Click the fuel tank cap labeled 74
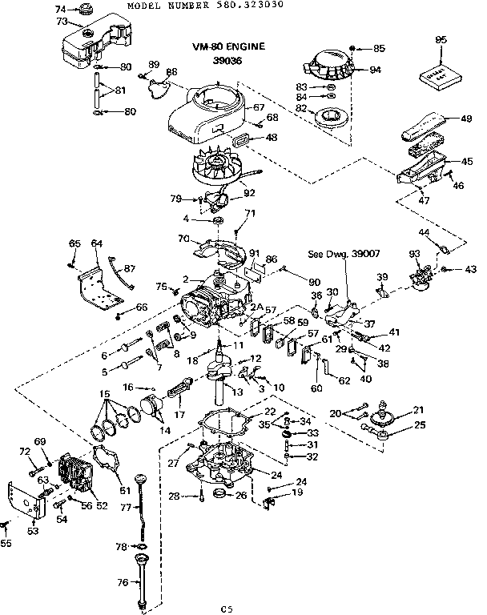click(81, 10)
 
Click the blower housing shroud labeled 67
click(204, 113)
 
